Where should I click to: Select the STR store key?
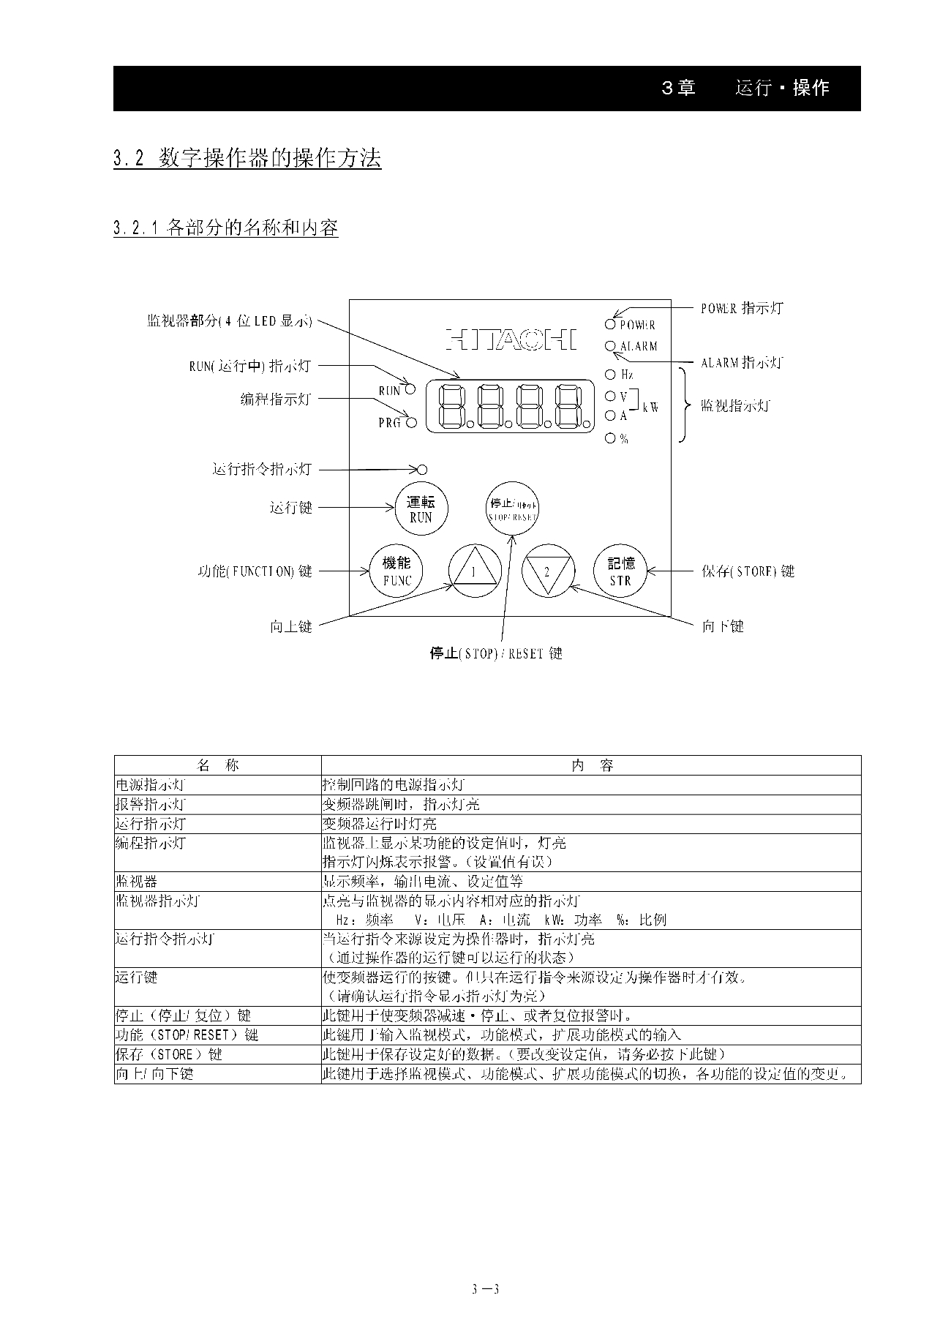(x=620, y=571)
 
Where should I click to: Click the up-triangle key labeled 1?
(x=474, y=571)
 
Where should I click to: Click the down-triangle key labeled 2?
(x=547, y=571)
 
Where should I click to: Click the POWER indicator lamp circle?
(x=610, y=324)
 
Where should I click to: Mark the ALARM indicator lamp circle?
(x=610, y=345)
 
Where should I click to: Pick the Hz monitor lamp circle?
(x=610, y=375)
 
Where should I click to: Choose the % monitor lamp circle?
(x=610, y=438)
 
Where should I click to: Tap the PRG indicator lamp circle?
(x=411, y=422)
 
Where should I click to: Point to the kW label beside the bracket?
(x=650, y=407)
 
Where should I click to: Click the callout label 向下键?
(x=723, y=626)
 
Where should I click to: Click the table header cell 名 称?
(x=218, y=765)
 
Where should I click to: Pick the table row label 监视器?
(x=137, y=882)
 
